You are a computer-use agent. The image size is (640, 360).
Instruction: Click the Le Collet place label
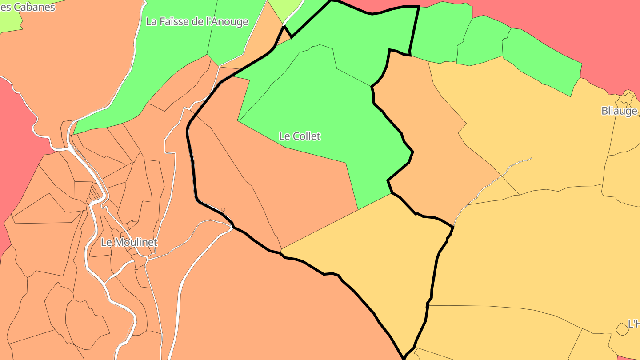coord(300,136)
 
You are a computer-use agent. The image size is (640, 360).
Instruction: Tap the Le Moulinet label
coord(129,243)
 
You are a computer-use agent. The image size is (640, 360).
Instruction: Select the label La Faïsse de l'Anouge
coord(197,21)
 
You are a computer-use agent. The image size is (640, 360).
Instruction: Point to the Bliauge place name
coord(619,111)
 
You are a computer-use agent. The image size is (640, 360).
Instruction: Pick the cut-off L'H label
coord(633,324)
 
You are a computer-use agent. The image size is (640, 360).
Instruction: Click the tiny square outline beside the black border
coord(223,209)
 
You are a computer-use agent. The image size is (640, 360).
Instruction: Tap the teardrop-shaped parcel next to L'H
coord(621,329)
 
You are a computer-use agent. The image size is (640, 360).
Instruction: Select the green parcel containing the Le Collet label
coord(320,111)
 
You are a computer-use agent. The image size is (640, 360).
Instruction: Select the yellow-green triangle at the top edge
coord(284,9)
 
